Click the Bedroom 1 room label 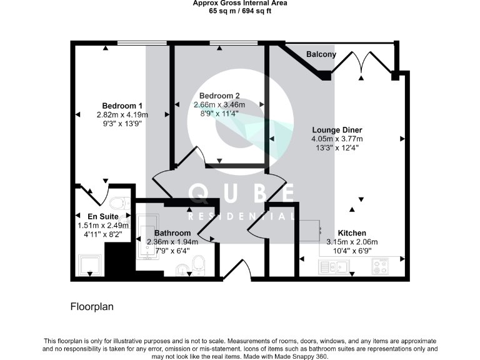tap(122, 106)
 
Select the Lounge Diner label tap(337, 130)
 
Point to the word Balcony tap(321, 54)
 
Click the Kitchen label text tap(352, 232)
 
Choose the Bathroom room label tap(172, 233)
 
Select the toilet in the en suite tap(118, 203)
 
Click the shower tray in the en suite tap(88, 265)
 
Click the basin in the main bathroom tap(182, 270)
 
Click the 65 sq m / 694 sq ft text tap(240, 11)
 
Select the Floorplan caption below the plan tap(91, 307)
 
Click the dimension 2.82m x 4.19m tap(122, 115)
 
